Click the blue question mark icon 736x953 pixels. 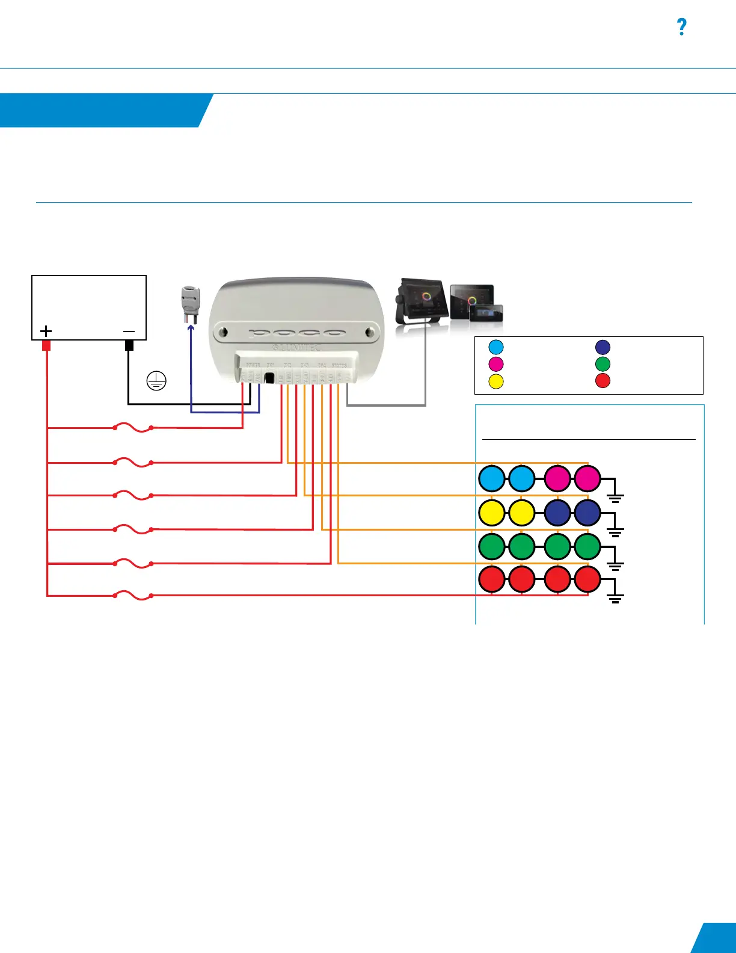click(x=681, y=27)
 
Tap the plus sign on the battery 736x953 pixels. click(x=46, y=331)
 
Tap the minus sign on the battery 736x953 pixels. click(x=129, y=331)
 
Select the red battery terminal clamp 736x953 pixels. click(x=46, y=346)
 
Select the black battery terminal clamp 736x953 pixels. click(x=129, y=346)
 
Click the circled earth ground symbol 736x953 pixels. click(x=156, y=381)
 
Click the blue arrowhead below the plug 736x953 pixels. click(x=191, y=328)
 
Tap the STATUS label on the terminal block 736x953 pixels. click(x=339, y=365)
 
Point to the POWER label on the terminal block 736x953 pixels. click(x=253, y=365)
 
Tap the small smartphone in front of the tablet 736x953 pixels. click(x=486, y=313)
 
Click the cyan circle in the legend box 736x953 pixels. click(x=496, y=347)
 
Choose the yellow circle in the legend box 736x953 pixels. click(x=496, y=381)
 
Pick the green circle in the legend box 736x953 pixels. click(x=603, y=364)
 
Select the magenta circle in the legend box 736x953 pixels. click(x=496, y=364)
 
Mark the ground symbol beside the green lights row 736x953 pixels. click(x=615, y=565)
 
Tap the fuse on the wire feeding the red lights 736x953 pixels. click(x=133, y=596)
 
